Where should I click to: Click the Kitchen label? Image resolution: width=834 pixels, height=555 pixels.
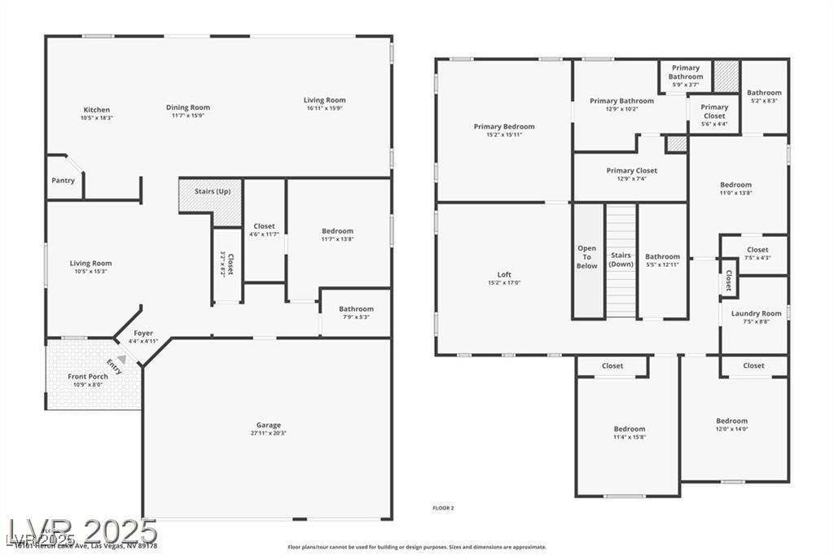[x=96, y=110]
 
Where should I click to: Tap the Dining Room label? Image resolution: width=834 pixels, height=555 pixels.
[x=188, y=107]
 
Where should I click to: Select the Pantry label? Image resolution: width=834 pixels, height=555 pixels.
[x=63, y=181]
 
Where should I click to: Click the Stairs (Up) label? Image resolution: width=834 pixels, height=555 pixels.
[x=211, y=192]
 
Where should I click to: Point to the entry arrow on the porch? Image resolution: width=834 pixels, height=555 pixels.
[x=121, y=359]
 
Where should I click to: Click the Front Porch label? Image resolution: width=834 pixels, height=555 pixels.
[x=88, y=377]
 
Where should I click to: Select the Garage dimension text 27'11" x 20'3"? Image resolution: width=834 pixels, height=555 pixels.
[x=269, y=433]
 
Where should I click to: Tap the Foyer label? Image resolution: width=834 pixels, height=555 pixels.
[x=143, y=334]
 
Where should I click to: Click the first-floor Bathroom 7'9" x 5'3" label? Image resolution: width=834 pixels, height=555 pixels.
[x=356, y=309]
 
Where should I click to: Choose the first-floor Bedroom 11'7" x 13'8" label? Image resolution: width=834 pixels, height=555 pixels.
[x=337, y=231]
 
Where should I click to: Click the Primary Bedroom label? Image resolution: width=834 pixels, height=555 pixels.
[x=504, y=127]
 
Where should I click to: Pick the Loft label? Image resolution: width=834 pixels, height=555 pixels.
[x=504, y=275]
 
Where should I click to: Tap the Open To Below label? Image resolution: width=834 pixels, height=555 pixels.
[x=587, y=257]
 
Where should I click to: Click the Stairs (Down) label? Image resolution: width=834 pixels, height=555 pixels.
[x=621, y=260]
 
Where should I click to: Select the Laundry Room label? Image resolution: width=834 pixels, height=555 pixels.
[x=756, y=313]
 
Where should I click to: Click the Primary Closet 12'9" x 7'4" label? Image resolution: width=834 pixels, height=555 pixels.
[x=631, y=171]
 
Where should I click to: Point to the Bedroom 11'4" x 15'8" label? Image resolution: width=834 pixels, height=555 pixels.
[x=629, y=429]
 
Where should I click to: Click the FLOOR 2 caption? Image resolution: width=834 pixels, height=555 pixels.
[x=443, y=508]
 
